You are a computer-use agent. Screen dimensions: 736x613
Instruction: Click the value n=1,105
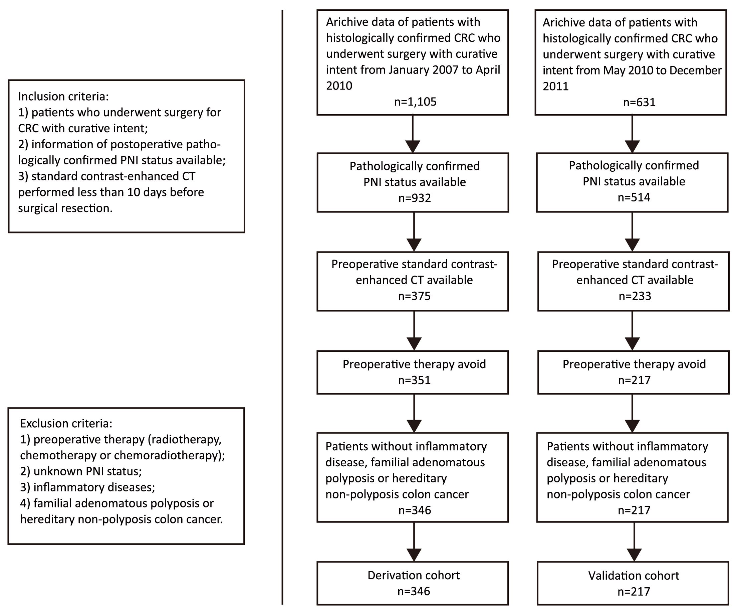tap(415, 102)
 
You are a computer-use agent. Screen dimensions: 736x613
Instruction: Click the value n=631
tap(639, 102)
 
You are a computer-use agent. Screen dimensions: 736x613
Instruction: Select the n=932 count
tap(415, 198)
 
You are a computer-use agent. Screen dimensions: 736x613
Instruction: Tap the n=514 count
tap(634, 197)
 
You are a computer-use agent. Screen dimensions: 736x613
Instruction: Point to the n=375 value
tap(414, 296)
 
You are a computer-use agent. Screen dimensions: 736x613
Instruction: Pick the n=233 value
tap(635, 296)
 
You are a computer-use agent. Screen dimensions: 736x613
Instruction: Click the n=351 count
tap(414, 380)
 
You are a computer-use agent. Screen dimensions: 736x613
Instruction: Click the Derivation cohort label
tap(414, 575)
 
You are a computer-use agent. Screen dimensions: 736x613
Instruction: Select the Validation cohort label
tap(634, 576)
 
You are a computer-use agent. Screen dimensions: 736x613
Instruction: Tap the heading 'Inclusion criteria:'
tap(63, 97)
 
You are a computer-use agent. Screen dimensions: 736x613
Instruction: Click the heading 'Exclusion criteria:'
tap(66, 423)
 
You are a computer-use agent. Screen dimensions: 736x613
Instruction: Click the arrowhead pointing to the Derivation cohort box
tap(414, 555)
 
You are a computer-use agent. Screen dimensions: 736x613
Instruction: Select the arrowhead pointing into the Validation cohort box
tap(634, 555)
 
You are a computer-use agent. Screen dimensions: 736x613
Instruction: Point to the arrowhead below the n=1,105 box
tap(413, 147)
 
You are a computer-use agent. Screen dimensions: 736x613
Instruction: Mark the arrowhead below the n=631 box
tap(632, 147)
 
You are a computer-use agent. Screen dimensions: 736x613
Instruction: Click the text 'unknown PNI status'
tap(87, 471)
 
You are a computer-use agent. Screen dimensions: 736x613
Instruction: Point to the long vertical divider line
tap(282, 307)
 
